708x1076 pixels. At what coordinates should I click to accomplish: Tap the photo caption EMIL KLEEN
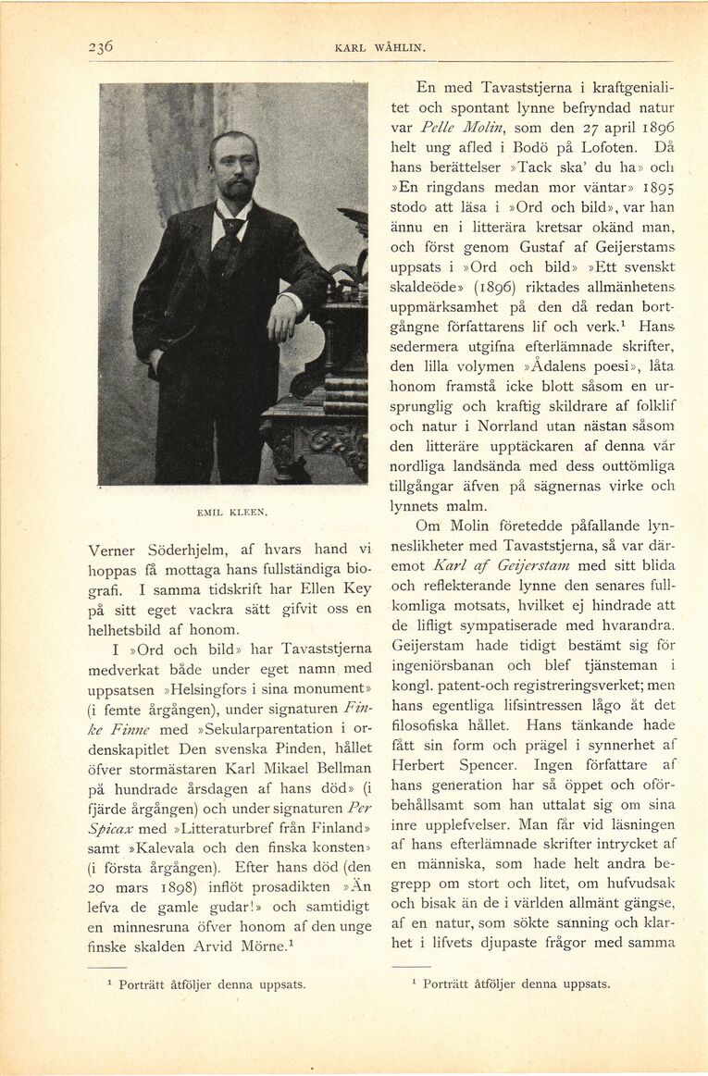232,511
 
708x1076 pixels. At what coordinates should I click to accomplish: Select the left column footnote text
212,984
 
